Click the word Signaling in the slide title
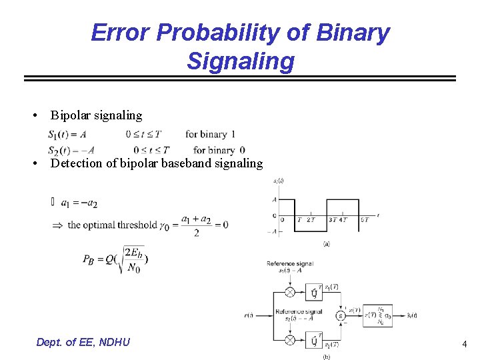[240, 61]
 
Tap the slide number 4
[464, 344]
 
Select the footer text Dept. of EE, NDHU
[83, 342]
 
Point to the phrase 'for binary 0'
[219, 150]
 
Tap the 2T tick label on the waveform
[311, 220]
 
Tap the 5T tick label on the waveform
[364, 220]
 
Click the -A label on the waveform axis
[272, 231]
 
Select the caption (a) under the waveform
[326, 244]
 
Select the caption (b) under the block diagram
[327, 357]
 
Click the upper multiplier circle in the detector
[290, 292]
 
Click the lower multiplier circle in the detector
[290, 340]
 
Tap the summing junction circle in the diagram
[341, 315]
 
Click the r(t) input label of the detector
[249, 315]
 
